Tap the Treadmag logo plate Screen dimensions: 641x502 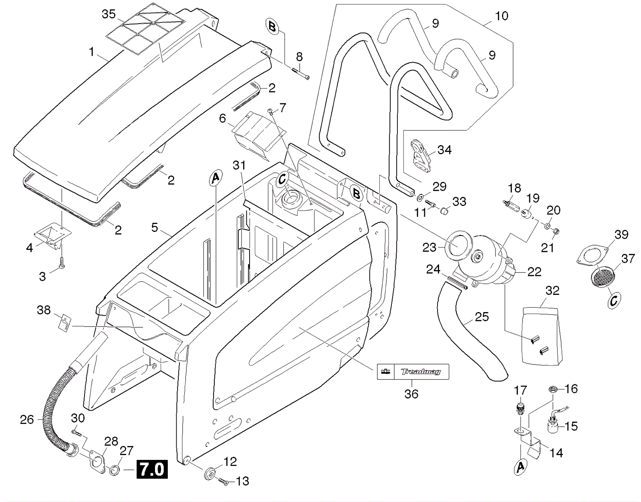pyautogui.click(x=413, y=371)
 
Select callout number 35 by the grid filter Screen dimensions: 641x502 pyautogui.click(x=109, y=14)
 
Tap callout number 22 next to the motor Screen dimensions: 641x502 pyautogui.click(x=534, y=272)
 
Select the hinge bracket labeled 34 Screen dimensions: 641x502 pyautogui.click(x=420, y=156)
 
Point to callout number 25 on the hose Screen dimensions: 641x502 pyautogui.click(x=482, y=317)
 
